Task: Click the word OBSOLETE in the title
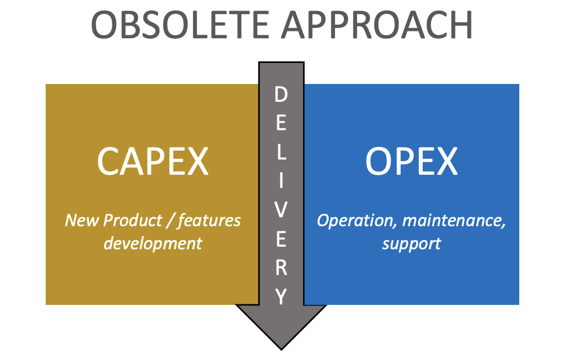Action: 180,25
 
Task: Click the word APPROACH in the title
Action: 377,25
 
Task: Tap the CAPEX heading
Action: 153,161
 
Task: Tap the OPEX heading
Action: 412,161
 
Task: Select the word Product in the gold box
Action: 132,220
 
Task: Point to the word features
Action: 209,220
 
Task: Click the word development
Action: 153,243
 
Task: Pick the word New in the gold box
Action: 81,220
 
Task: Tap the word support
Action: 412,244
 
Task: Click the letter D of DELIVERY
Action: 281,94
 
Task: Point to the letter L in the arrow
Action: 281,152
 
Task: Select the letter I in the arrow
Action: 281,181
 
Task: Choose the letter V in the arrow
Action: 281,210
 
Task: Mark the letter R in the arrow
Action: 281,268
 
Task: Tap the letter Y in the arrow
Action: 281,297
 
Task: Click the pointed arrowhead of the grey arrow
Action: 281,350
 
